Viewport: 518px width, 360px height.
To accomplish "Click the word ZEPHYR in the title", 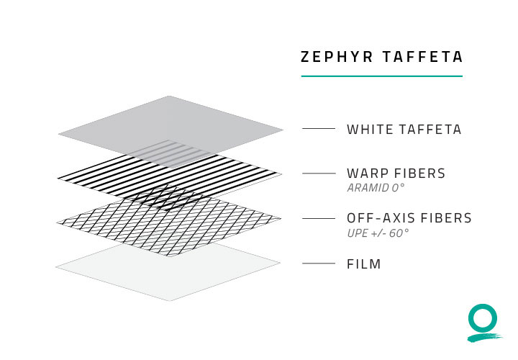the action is [337, 57].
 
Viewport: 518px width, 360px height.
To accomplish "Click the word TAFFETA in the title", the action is [423, 57].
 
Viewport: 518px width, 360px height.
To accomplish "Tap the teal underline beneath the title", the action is [381, 76].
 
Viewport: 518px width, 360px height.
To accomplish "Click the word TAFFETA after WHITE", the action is [430, 130].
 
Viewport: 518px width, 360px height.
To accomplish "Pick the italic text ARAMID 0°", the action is [376, 188].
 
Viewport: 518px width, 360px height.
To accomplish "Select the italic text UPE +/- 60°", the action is [378, 233].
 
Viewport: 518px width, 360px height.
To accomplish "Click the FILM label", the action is [364, 264].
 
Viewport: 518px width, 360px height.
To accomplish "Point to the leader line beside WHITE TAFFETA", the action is [319, 129].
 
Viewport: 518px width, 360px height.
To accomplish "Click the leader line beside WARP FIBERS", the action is [319, 174].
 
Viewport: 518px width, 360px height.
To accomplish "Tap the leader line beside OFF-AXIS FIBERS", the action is [319, 218].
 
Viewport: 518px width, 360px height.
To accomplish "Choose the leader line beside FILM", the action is [319, 264].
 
